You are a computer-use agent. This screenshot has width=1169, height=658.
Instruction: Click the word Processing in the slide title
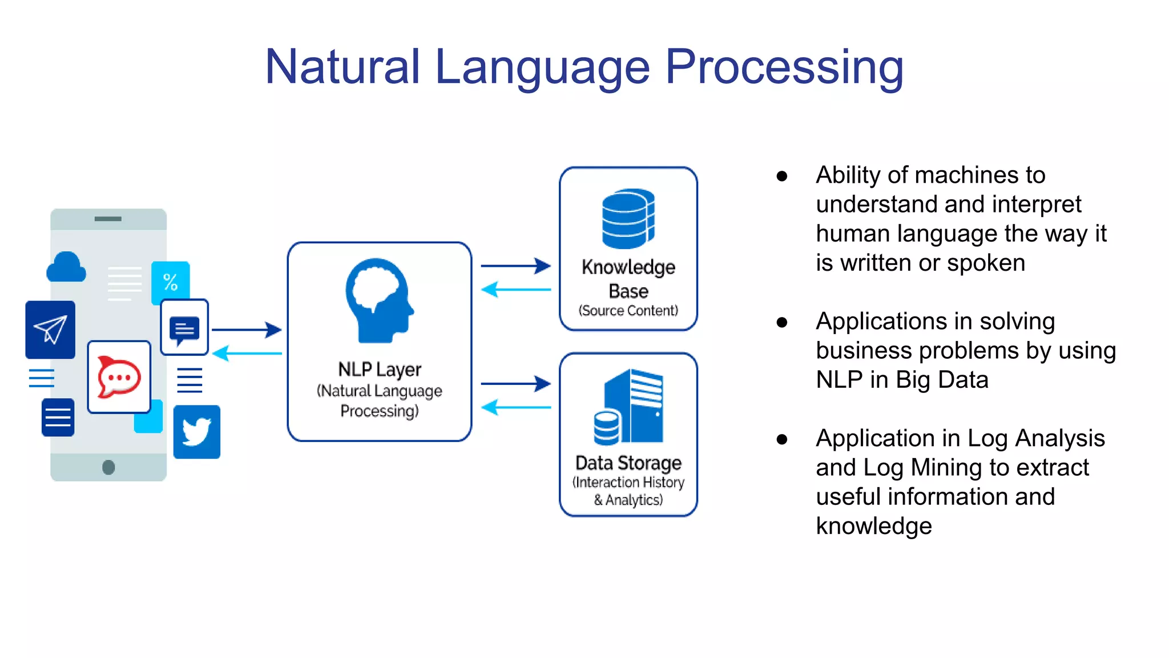pyautogui.click(x=784, y=67)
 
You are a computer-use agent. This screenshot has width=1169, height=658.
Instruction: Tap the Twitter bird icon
pyautogui.click(x=196, y=432)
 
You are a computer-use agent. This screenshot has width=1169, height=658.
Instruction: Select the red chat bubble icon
pyautogui.click(x=119, y=377)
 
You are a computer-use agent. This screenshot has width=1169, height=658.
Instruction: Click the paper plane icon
pyautogui.click(x=50, y=330)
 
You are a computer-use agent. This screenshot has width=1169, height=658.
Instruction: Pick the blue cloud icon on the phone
pyautogui.click(x=66, y=267)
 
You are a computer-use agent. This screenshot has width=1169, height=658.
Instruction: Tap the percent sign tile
pyautogui.click(x=170, y=282)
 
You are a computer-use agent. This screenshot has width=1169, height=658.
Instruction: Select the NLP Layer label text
pyautogui.click(x=379, y=370)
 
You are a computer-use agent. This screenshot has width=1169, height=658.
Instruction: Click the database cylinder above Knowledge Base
pyautogui.click(x=628, y=219)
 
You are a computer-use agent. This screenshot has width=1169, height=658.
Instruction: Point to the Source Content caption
pyautogui.click(x=628, y=311)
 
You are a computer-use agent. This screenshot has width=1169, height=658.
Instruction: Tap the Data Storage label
pyautogui.click(x=628, y=462)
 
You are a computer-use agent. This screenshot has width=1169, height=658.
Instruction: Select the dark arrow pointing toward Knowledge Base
pyautogui.click(x=515, y=266)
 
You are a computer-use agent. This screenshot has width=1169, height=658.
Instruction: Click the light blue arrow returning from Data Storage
pyautogui.click(x=515, y=407)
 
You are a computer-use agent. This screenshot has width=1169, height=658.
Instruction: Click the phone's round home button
pyautogui.click(x=108, y=467)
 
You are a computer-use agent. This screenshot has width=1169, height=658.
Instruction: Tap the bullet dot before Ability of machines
pyautogui.click(x=782, y=176)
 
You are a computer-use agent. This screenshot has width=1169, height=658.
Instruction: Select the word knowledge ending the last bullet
pyautogui.click(x=873, y=526)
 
